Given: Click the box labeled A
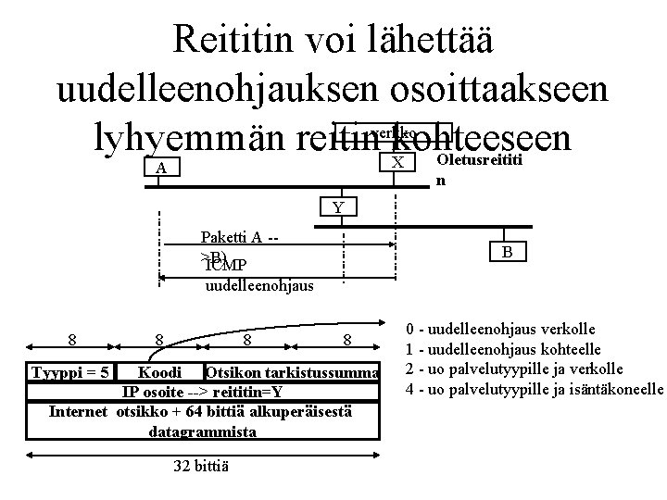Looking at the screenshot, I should pyautogui.click(x=161, y=169).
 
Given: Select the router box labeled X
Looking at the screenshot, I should pyautogui.click(x=397, y=163).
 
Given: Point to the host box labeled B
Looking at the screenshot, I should pyautogui.click(x=507, y=253).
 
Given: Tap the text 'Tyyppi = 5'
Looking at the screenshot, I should pyautogui.click(x=70, y=372).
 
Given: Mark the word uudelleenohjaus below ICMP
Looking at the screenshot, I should pyautogui.click(x=258, y=285).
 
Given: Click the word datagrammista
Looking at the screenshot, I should pyautogui.click(x=201, y=431).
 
